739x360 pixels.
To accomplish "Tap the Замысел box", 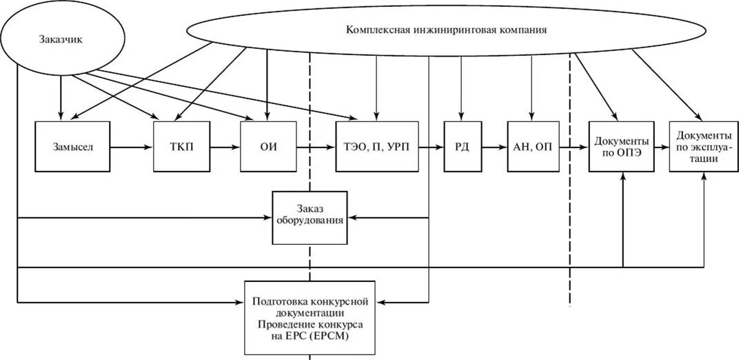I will point(72,147).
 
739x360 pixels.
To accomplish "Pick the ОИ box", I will point(268,147).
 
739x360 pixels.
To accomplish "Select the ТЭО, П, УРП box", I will point(376,147).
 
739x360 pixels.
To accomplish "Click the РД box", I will point(462,147).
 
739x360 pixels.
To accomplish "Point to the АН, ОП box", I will point(533,147).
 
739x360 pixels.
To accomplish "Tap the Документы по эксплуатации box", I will point(699,147).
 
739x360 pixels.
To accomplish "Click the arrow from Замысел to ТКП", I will point(132,147).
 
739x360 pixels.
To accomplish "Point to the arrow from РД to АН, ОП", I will point(494,147).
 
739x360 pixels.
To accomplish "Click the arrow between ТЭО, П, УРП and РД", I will point(432,147).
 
